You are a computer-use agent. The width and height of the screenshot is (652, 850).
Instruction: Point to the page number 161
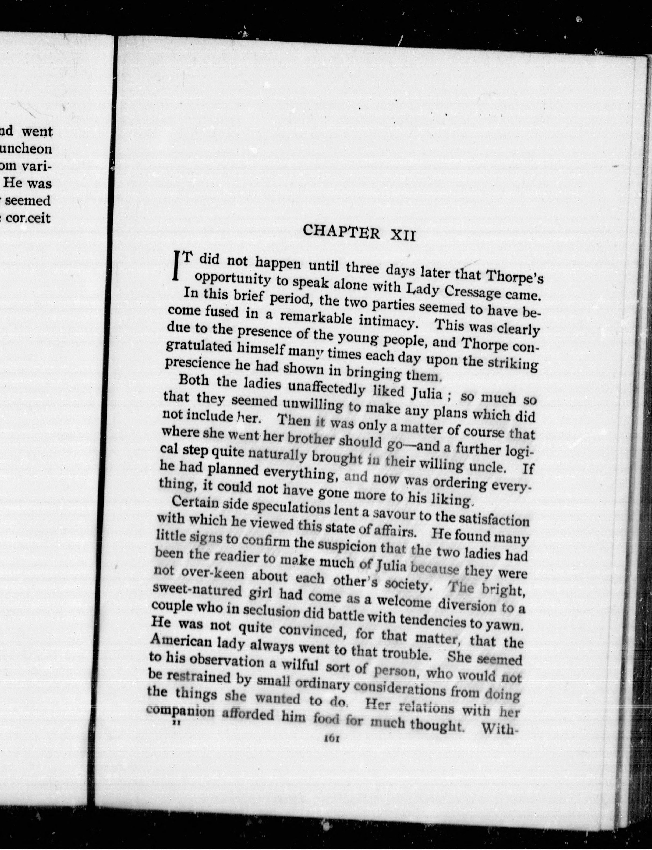(x=332, y=740)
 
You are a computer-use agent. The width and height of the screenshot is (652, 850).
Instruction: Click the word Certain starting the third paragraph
(x=190, y=503)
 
